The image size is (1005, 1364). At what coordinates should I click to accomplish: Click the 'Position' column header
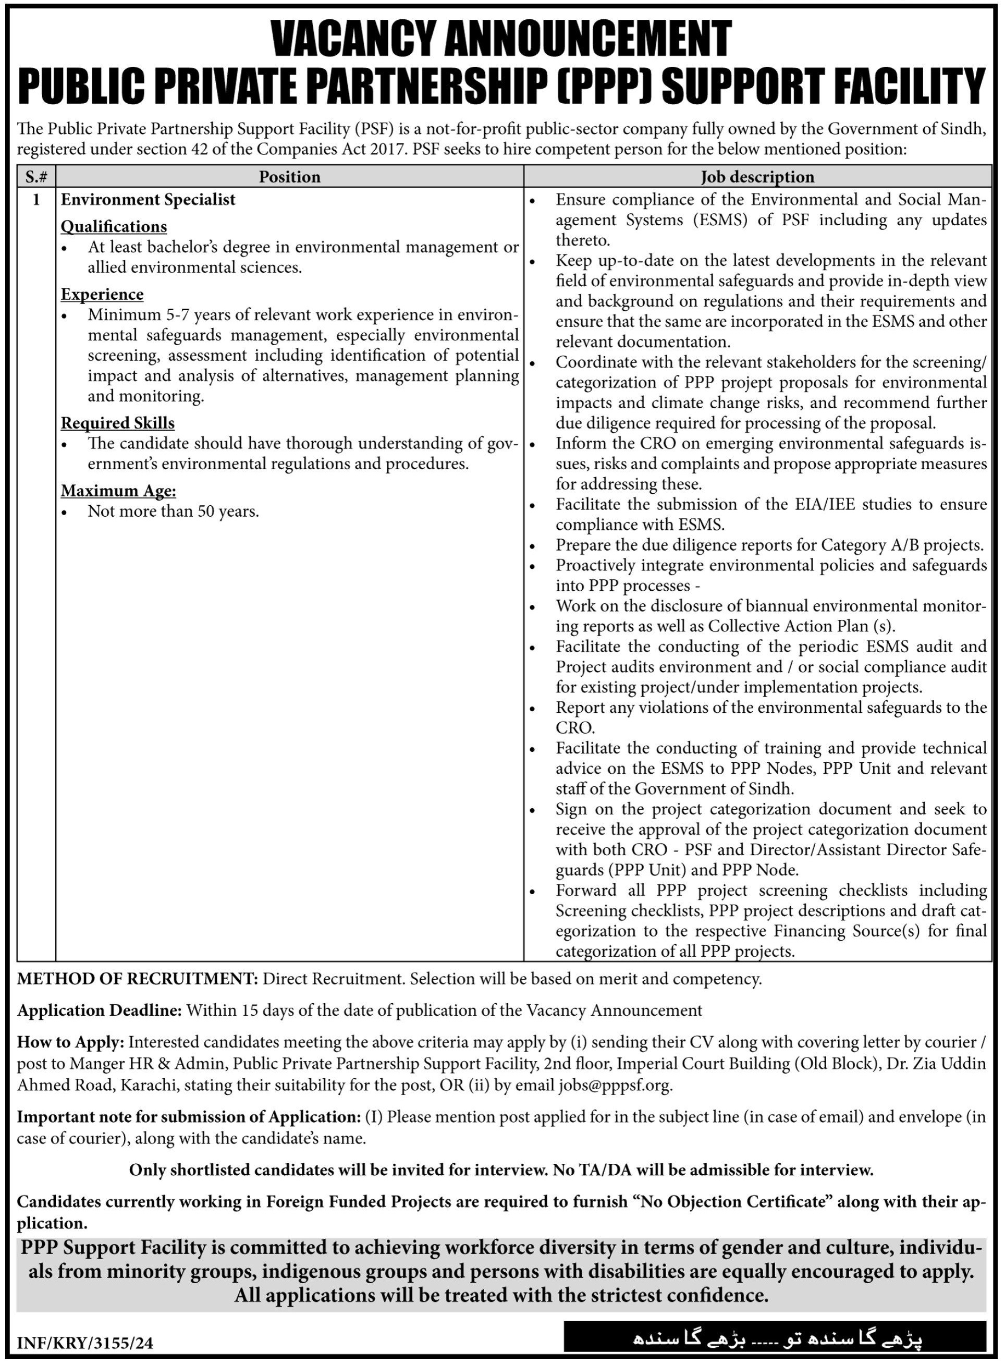(x=290, y=177)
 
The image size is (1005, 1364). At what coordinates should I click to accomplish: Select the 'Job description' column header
(x=757, y=177)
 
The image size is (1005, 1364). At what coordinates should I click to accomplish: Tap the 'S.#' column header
(x=36, y=177)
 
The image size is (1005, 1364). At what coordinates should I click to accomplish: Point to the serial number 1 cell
(x=36, y=200)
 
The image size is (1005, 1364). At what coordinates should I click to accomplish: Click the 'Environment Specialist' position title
(x=148, y=200)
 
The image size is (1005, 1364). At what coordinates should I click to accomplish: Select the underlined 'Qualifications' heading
(x=114, y=226)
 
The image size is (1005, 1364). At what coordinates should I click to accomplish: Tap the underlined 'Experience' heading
(x=102, y=295)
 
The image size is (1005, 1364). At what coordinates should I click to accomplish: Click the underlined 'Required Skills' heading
(x=118, y=423)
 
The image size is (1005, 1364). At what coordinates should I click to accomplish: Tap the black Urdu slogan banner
(x=775, y=1338)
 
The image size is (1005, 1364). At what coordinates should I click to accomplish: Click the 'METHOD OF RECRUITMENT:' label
(x=138, y=979)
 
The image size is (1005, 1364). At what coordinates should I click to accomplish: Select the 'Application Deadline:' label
(x=100, y=1010)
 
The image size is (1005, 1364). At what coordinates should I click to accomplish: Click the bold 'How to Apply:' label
(x=70, y=1042)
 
